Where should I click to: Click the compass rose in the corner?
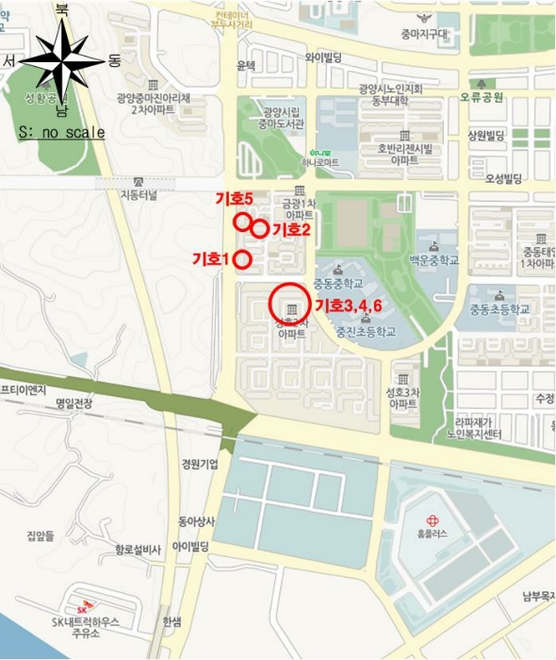click(62, 61)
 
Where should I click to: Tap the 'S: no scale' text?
click(61, 133)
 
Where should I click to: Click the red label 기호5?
click(235, 199)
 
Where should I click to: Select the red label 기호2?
click(291, 229)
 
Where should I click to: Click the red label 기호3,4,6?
click(348, 305)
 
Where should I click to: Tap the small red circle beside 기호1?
click(241, 259)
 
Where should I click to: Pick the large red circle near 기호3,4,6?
click(290, 305)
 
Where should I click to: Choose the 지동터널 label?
click(140, 196)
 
